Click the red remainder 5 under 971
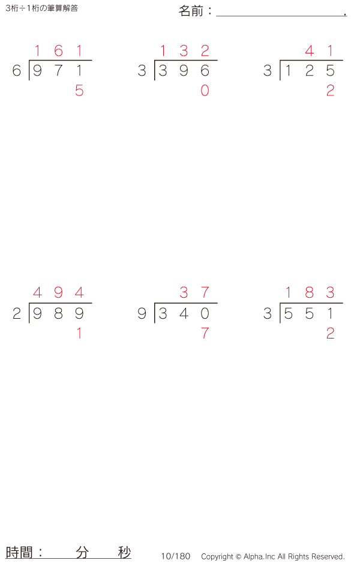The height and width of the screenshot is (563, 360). (79, 91)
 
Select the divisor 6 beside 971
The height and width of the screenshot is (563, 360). (17, 71)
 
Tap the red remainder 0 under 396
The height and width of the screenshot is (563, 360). (205, 91)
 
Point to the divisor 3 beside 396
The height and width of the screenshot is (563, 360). (142, 71)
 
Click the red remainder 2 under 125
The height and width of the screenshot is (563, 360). (330, 91)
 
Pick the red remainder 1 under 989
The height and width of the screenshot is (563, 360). (79, 333)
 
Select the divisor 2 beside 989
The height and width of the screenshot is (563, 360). (17, 314)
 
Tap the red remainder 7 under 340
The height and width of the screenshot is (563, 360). (205, 333)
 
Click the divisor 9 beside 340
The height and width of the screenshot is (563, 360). (142, 314)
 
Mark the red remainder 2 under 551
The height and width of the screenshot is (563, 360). (330, 333)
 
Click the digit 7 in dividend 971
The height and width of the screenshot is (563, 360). (58, 71)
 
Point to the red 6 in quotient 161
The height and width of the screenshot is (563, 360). (58, 51)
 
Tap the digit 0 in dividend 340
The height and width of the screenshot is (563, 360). (205, 314)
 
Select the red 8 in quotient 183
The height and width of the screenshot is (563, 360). (309, 293)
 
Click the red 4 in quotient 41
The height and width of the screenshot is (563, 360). (309, 51)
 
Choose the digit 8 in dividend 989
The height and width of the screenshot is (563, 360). (58, 314)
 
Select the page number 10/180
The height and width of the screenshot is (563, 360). (175, 556)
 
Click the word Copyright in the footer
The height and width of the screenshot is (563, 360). (217, 556)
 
